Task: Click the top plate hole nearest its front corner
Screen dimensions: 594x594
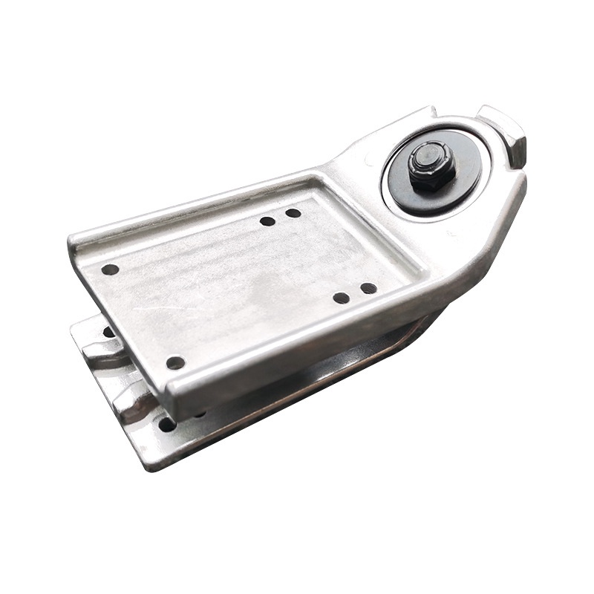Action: pos(175,363)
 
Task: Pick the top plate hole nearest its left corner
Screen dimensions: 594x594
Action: pos(110,270)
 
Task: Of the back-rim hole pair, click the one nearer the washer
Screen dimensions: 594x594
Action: pos(293,213)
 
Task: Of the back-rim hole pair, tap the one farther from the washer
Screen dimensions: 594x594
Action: pos(267,221)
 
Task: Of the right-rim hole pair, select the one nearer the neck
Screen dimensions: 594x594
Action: pos(368,288)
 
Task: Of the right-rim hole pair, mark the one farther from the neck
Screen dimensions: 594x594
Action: pos(342,298)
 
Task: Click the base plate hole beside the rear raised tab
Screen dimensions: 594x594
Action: pos(108,332)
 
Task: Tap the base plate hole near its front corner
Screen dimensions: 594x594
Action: pos(168,425)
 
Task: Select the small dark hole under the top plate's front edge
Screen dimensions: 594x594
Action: pos(199,413)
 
